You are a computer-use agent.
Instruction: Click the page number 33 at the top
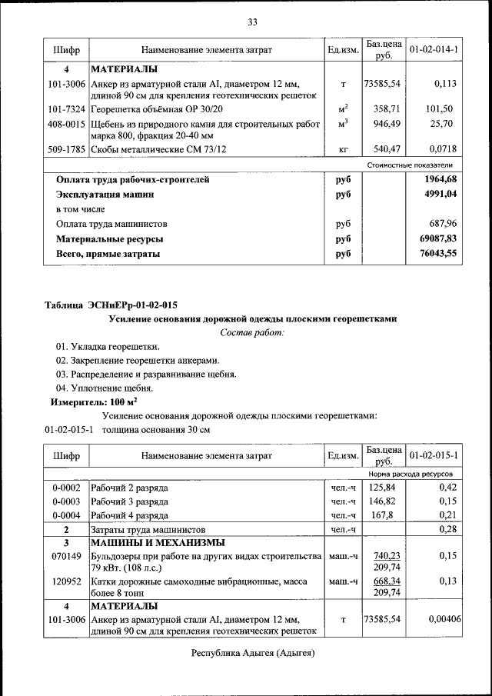(x=251, y=21)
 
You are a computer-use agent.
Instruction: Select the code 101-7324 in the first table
(x=66, y=109)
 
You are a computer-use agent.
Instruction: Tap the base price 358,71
(x=384, y=109)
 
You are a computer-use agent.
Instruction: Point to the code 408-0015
(x=66, y=123)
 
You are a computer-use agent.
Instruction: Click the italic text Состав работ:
(x=251, y=332)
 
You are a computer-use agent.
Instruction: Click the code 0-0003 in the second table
(x=66, y=501)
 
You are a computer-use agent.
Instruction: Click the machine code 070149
(x=66, y=555)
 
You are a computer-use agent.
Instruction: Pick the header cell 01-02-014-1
(x=434, y=50)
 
